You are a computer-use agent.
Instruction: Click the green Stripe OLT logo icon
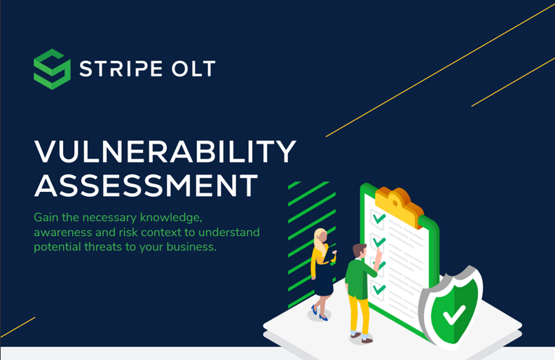coord(52,69)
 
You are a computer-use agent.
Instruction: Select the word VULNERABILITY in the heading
coord(165,153)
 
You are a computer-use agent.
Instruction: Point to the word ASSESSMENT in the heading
coord(146,186)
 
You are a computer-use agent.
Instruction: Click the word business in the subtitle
coord(189,247)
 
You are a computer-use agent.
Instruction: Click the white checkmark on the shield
coord(454,314)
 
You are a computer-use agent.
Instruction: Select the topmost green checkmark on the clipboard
coord(379,218)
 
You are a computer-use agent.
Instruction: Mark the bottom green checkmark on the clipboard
coord(379,288)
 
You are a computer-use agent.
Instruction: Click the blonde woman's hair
coord(320,238)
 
